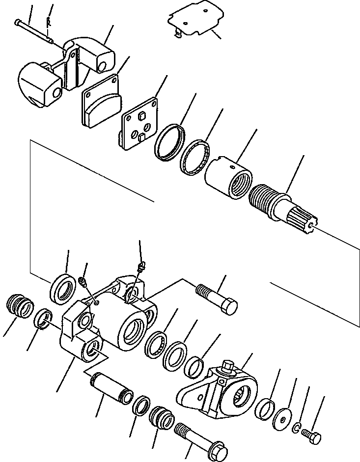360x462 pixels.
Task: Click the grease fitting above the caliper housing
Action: pyautogui.click(x=141, y=267)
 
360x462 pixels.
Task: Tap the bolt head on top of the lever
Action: pyautogui.click(x=228, y=366)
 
